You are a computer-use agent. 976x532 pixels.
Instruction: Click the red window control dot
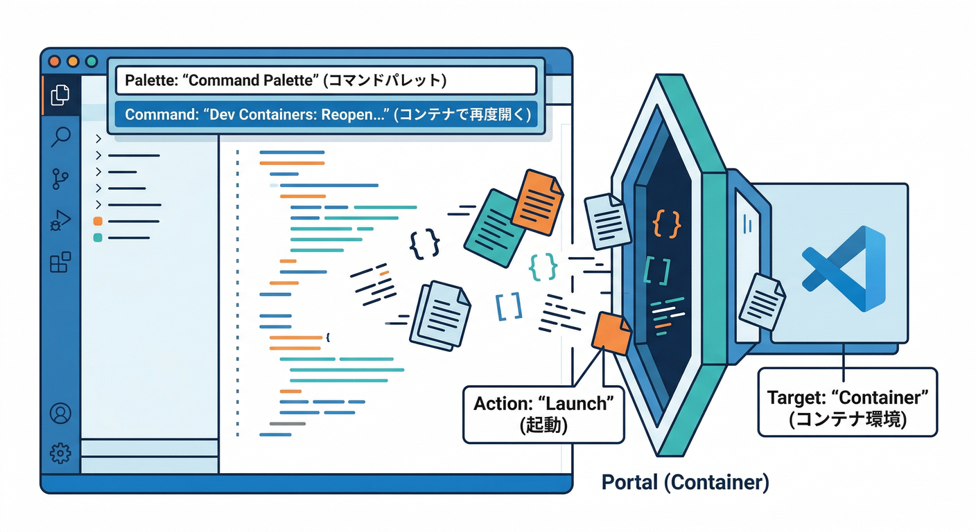click(x=54, y=62)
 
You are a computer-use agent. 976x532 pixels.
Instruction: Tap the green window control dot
click(x=91, y=62)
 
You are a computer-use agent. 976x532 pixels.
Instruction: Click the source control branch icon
click(x=60, y=179)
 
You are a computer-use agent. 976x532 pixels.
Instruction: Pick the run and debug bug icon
click(x=60, y=221)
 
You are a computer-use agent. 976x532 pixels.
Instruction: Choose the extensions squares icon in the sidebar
click(x=60, y=263)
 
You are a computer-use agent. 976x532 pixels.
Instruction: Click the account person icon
click(x=60, y=414)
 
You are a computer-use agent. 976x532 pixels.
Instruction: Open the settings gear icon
click(x=60, y=454)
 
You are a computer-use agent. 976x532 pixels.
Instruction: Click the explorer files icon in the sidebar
click(x=60, y=95)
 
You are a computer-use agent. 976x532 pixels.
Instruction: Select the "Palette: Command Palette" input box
click(x=326, y=80)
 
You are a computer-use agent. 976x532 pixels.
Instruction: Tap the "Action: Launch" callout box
click(x=543, y=414)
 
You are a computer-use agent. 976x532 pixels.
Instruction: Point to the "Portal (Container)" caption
click(x=685, y=483)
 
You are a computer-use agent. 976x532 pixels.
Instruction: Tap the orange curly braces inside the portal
click(x=667, y=223)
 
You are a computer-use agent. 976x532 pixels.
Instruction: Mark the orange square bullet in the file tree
click(x=98, y=222)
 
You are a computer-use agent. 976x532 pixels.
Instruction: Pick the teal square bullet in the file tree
click(x=98, y=238)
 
